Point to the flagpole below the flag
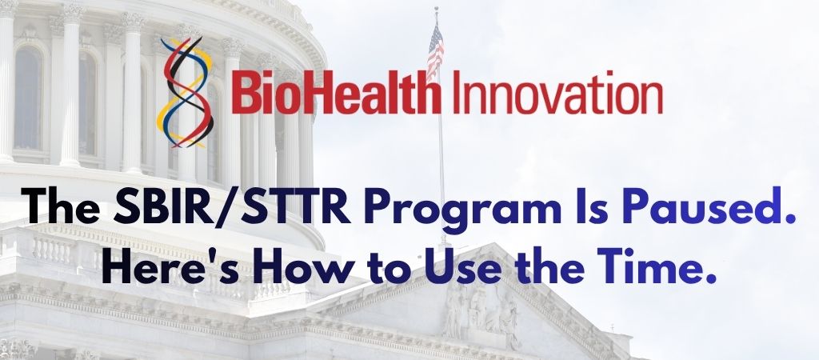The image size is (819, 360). [441, 160]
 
